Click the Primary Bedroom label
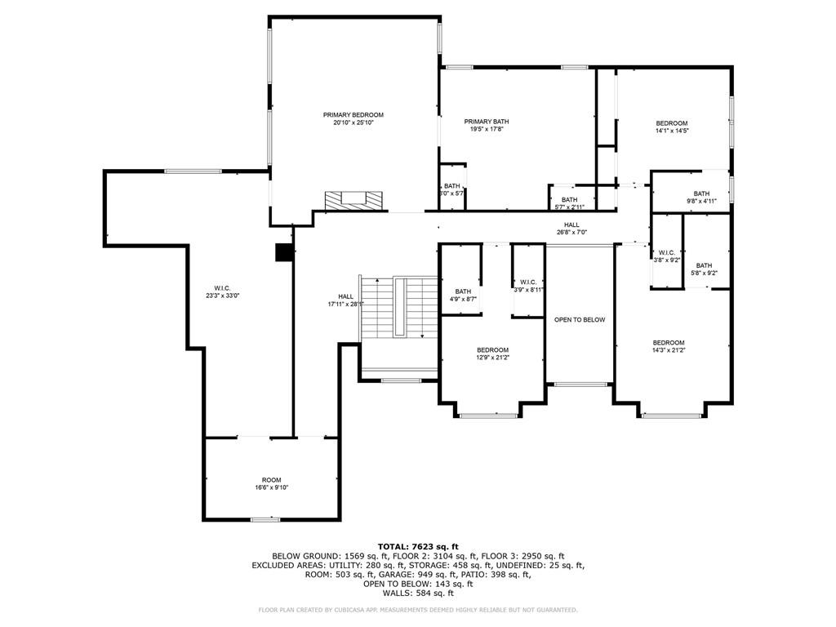click(x=353, y=115)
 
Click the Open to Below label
click(x=580, y=319)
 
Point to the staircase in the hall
click(x=399, y=311)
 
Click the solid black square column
click(x=284, y=253)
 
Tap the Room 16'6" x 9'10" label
click(x=271, y=483)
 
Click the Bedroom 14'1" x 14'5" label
click(x=672, y=127)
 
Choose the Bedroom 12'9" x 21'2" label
click(x=492, y=354)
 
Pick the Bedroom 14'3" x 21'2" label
click(x=668, y=346)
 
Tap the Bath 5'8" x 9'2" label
click(x=704, y=269)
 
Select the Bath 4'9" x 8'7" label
click(x=463, y=296)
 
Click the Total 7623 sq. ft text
click(x=417, y=546)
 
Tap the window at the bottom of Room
click(x=265, y=519)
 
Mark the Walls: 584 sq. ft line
click(x=417, y=593)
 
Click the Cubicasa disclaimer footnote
click(x=417, y=610)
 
